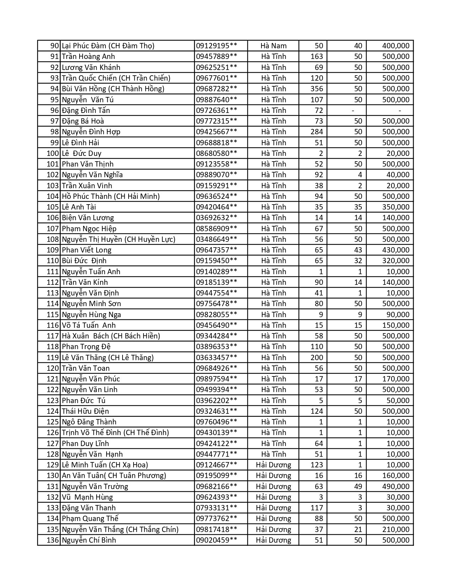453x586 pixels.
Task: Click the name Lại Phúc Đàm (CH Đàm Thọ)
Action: pos(108,46)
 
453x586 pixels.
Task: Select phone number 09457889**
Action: pos(216,56)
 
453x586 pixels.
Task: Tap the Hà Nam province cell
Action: pos(273,46)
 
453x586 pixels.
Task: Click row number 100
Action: pos(52,153)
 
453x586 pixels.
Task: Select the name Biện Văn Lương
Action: pos(88,218)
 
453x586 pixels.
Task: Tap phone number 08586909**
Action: pos(216,229)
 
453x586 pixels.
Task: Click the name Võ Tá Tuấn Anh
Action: pos(89,325)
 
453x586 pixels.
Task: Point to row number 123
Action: pos(52,401)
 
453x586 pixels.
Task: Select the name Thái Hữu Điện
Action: pos(85,411)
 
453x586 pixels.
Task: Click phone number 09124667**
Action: pos(216,465)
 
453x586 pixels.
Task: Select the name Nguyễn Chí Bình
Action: pos(89,540)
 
